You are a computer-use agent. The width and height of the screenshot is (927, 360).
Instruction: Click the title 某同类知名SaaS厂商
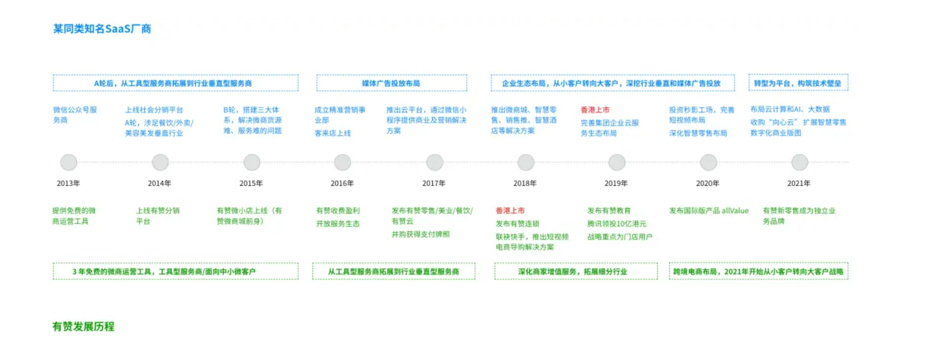102,29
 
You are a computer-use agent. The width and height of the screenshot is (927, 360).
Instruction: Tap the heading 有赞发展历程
83,326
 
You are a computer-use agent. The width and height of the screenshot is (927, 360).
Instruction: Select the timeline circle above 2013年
69,162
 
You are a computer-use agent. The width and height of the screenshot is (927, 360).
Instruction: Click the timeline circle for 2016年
342,162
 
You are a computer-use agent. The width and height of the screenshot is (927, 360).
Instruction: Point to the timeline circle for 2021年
800,162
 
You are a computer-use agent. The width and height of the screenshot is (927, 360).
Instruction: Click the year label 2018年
525,183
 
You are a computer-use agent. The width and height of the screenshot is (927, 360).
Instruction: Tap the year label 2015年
251,183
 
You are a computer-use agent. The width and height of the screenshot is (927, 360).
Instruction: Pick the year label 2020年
707,183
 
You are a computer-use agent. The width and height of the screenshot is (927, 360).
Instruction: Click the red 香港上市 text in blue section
595,110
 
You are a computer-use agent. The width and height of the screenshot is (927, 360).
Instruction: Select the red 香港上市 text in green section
510,211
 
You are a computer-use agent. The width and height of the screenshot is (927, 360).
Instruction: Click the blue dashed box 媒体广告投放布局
391,83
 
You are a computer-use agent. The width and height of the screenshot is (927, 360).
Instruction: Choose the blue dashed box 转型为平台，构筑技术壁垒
798,83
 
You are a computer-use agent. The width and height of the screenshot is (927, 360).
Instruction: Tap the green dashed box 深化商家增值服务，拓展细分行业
576,271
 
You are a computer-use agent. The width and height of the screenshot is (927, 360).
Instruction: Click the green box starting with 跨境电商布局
758,271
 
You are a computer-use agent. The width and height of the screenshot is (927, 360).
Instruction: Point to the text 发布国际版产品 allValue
709,211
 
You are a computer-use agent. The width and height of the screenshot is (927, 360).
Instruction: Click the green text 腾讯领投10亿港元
616,224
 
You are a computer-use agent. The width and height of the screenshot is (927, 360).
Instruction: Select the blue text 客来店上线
333,134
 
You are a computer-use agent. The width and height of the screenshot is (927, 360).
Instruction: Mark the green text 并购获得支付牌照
420,234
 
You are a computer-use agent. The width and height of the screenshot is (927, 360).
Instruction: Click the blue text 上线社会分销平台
154,110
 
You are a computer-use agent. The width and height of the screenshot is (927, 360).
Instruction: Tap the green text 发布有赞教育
609,211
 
